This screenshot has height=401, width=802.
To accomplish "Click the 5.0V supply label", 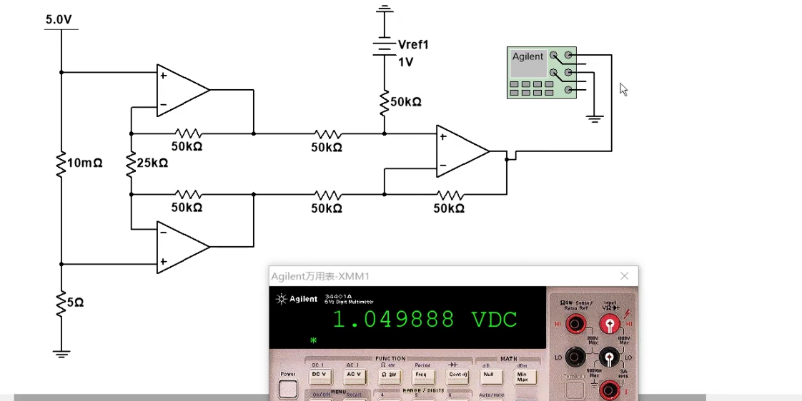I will pyautogui.click(x=59, y=19).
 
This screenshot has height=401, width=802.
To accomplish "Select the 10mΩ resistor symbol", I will pyautogui.click(x=61, y=163).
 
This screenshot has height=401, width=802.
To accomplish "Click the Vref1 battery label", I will pyautogui.click(x=413, y=45).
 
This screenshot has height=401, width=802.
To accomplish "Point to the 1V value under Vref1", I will pyautogui.click(x=405, y=62).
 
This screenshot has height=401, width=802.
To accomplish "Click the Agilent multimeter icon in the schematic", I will pyautogui.click(x=541, y=72).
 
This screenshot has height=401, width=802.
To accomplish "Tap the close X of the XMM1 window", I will pyautogui.click(x=625, y=276).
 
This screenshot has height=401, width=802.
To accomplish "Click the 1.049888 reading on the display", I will pyautogui.click(x=393, y=319).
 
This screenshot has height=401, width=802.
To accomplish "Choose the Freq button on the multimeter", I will pyautogui.click(x=420, y=374).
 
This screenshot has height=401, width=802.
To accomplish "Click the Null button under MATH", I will pyautogui.click(x=488, y=374).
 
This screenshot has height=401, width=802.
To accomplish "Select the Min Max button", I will pyautogui.click(x=523, y=375).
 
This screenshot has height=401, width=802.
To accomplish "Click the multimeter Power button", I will pyautogui.click(x=287, y=388).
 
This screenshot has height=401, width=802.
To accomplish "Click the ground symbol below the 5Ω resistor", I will pyautogui.click(x=61, y=352).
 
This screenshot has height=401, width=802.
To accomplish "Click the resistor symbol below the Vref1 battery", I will pyautogui.click(x=385, y=101).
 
